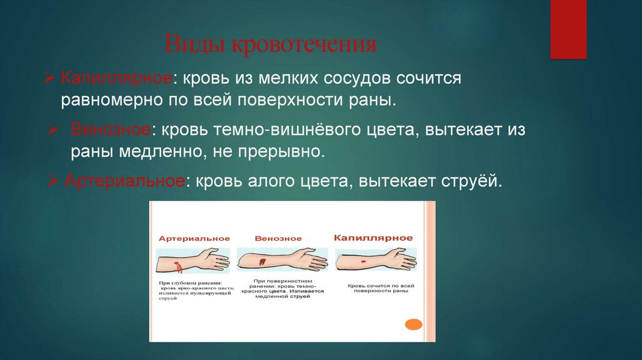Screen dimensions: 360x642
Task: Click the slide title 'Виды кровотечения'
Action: (270, 45)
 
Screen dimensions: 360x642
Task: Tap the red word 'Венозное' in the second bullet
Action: (110, 131)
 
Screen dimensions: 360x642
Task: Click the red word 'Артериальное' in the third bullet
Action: (125, 181)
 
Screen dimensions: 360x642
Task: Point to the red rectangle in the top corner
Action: (568, 29)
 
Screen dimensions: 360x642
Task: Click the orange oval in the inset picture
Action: (413, 324)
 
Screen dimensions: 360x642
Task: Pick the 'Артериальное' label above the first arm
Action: (194, 239)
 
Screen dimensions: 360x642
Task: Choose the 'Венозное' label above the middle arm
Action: (278, 239)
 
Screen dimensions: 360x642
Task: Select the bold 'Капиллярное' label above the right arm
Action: (373, 238)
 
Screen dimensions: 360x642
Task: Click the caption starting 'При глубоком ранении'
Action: (194, 290)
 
